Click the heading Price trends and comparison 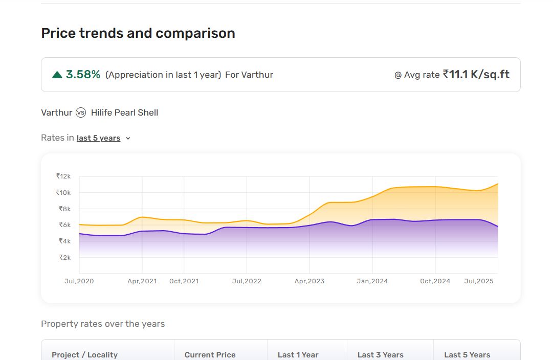pos(138,33)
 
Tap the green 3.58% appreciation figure pos(83,74)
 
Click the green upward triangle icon pos(57,75)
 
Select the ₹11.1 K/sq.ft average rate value pos(476,74)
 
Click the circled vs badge pos(81,112)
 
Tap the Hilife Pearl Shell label pos(124,112)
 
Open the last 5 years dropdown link pos(98,138)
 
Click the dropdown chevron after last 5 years pos(128,139)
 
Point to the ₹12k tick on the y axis pos(63,176)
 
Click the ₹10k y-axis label pos(63,192)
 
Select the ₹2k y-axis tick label pos(65,257)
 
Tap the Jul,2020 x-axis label pos(79,281)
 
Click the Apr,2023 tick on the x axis pos(309,281)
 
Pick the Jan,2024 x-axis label pos(372,281)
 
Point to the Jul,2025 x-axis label pos(479,281)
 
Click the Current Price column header pos(210,355)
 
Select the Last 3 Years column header pos(380,355)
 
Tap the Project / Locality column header pos(84,355)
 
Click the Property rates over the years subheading pos(103,324)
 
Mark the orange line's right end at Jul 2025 pos(498,184)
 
